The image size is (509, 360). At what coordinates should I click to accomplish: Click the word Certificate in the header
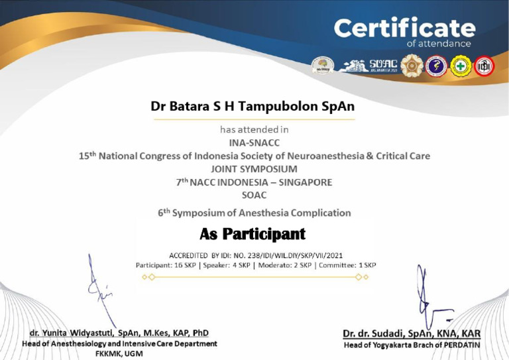(x=404, y=28)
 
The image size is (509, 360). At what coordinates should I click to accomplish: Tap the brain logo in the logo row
(x=323, y=65)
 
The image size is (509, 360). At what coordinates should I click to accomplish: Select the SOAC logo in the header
(x=384, y=64)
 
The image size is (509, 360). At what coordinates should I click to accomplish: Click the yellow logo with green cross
(x=461, y=66)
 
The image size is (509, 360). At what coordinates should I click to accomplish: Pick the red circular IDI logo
(x=484, y=66)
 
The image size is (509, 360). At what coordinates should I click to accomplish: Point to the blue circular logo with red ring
(x=436, y=66)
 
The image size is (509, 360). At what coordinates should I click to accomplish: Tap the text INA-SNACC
(x=254, y=143)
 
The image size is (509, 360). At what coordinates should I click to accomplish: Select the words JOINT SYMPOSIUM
(x=254, y=168)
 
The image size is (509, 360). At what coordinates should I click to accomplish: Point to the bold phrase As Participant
(x=253, y=234)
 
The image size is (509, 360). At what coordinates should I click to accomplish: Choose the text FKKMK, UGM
(x=119, y=355)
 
